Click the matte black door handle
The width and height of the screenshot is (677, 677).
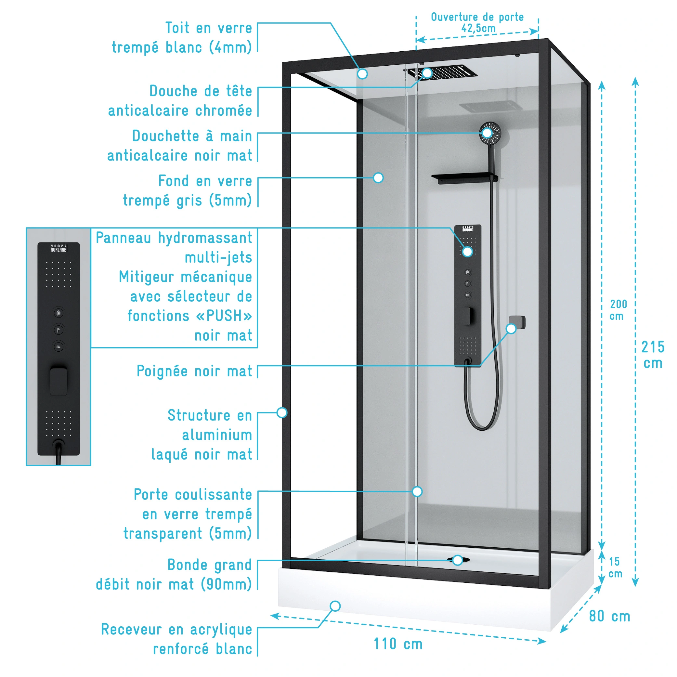click(x=517, y=322)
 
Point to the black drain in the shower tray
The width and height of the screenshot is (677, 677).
click(x=459, y=560)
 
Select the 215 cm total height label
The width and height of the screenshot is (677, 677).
click(x=653, y=355)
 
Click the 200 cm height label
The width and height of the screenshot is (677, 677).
click(x=618, y=310)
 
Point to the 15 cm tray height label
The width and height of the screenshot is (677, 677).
click(x=615, y=568)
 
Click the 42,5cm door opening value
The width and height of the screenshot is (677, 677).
click(x=478, y=28)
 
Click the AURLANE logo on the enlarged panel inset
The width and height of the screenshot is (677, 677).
click(x=59, y=248)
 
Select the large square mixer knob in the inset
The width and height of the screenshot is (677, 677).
click(x=59, y=381)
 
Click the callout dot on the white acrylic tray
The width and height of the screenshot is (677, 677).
click(x=335, y=606)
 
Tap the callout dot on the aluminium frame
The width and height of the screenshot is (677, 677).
click(x=282, y=412)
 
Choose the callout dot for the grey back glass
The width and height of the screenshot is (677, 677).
click(x=378, y=178)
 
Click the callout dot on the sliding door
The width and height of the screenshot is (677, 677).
click(x=417, y=492)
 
